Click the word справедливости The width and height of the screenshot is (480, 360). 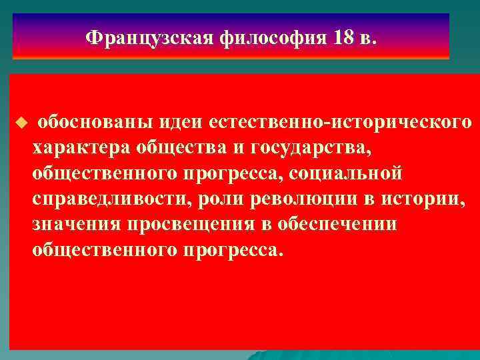[101, 199]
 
